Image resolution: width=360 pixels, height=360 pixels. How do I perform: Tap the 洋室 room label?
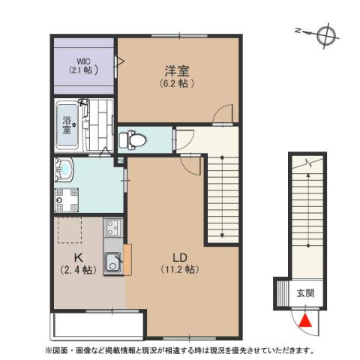(x=177, y=72)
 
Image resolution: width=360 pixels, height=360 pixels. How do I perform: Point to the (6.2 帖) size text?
(x=177, y=83)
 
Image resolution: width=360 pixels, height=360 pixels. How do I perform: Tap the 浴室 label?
(x=67, y=125)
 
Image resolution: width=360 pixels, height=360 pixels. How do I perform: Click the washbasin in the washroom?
(x=63, y=172)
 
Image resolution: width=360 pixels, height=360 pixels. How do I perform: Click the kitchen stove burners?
(x=112, y=228)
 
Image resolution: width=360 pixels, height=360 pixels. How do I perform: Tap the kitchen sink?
(x=113, y=262)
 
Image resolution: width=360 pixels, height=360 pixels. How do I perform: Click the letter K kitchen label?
(x=77, y=255)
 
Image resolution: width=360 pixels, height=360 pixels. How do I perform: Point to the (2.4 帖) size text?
(x=77, y=268)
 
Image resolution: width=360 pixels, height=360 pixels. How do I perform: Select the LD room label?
(x=180, y=255)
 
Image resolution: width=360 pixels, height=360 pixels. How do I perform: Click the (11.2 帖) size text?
(x=180, y=268)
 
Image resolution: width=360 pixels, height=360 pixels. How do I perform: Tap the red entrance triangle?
(x=304, y=321)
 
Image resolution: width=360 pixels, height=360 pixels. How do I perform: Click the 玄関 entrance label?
(x=304, y=291)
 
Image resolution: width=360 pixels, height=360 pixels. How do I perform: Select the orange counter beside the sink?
(x=127, y=259)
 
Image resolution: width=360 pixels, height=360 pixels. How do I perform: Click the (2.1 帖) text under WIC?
(x=82, y=71)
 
